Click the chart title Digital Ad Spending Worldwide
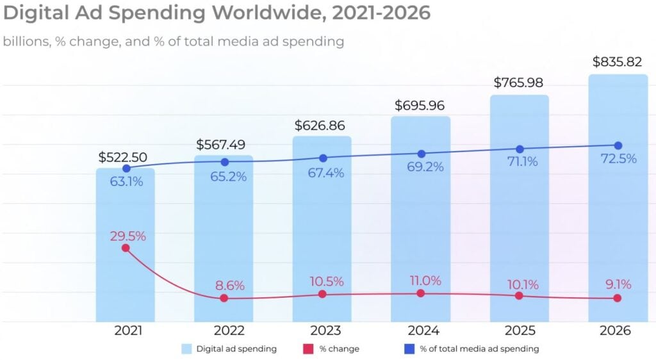click(x=217, y=13)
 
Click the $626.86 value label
click(x=323, y=126)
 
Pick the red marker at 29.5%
click(x=126, y=248)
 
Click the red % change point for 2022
click(x=224, y=299)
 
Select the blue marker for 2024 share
click(x=421, y=154)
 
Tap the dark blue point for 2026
click(x=618, y=145)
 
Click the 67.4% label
click(x=323, y=173)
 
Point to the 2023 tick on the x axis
click(x=323, y=331)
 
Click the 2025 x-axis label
click(x=520, y=331)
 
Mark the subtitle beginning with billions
click(x=173, y=42)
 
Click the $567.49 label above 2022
click(x=224, y=145)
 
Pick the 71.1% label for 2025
click(x=520, y=162)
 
